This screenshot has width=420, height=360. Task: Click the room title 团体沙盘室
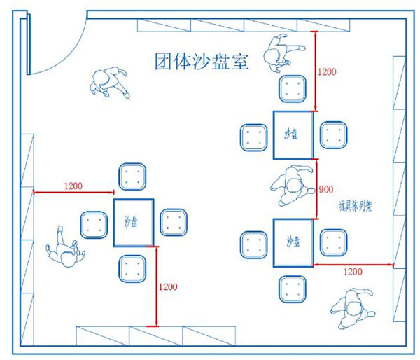(201, 61)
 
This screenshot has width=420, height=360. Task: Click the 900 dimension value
(325, 190)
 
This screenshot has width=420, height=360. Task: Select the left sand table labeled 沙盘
(133, 223)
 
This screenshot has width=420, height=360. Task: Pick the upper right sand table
(293, 134)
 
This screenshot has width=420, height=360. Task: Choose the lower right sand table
(292, 242)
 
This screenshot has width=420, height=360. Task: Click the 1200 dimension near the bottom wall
(169, 286)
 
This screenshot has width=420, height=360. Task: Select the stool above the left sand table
(131, 177)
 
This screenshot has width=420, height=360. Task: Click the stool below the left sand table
(131, 269)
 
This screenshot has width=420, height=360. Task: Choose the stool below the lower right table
(292, 289)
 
